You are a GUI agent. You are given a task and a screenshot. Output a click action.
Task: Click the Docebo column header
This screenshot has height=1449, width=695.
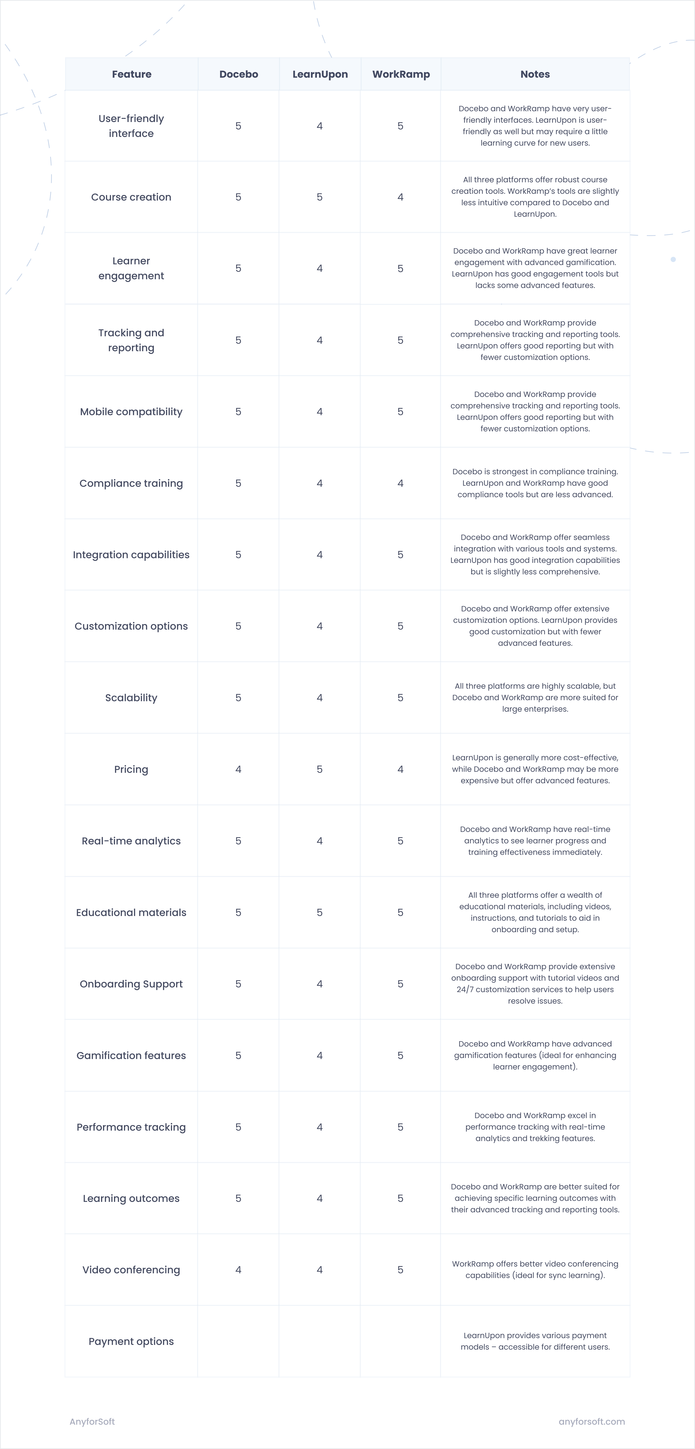tap(238, 74)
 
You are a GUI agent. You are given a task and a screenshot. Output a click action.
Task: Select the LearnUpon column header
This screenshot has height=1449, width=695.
tap(320, 74)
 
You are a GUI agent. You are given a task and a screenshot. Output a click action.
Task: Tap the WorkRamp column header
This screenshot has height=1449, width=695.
tap(401, 74)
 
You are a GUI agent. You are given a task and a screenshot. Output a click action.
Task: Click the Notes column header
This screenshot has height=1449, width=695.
tap(535, 74)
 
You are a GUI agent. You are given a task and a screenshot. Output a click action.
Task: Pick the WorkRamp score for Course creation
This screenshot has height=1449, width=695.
tap(400, 197)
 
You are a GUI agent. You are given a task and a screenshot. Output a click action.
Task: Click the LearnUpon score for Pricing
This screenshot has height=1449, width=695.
tap(319, 769)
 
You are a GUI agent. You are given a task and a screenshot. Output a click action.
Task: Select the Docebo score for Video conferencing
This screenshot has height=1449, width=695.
tap(238, 1269)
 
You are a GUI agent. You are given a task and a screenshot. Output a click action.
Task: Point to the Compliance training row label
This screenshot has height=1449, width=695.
tap(131, 483)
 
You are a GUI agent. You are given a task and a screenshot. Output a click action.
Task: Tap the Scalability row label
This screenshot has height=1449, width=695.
tap(131, 698)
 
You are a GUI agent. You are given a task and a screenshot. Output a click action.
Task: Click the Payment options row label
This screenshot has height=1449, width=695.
tap(131, 1341)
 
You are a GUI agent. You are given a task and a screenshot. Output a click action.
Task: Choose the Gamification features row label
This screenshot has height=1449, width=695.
tap(131, 1055)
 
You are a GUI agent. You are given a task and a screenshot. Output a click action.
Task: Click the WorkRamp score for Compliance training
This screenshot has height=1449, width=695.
tap(400, 483)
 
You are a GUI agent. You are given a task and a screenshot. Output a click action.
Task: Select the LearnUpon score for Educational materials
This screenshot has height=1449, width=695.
tap(319, 912)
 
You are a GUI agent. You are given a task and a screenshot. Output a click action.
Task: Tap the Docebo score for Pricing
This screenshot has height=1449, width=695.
tap(238, 769)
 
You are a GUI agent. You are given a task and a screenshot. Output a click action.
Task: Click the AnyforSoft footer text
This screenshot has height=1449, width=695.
tap(92, 1421)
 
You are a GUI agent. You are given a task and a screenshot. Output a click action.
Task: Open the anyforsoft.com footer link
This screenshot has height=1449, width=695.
tap(592, 1421)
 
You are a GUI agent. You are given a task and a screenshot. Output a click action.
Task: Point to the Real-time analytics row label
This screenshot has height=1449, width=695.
tap(131, 841)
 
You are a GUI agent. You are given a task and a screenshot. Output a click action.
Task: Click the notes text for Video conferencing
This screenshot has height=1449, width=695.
tap(535, 1269)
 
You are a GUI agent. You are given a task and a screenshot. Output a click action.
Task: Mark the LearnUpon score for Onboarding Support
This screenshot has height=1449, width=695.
tap(319, 984)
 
